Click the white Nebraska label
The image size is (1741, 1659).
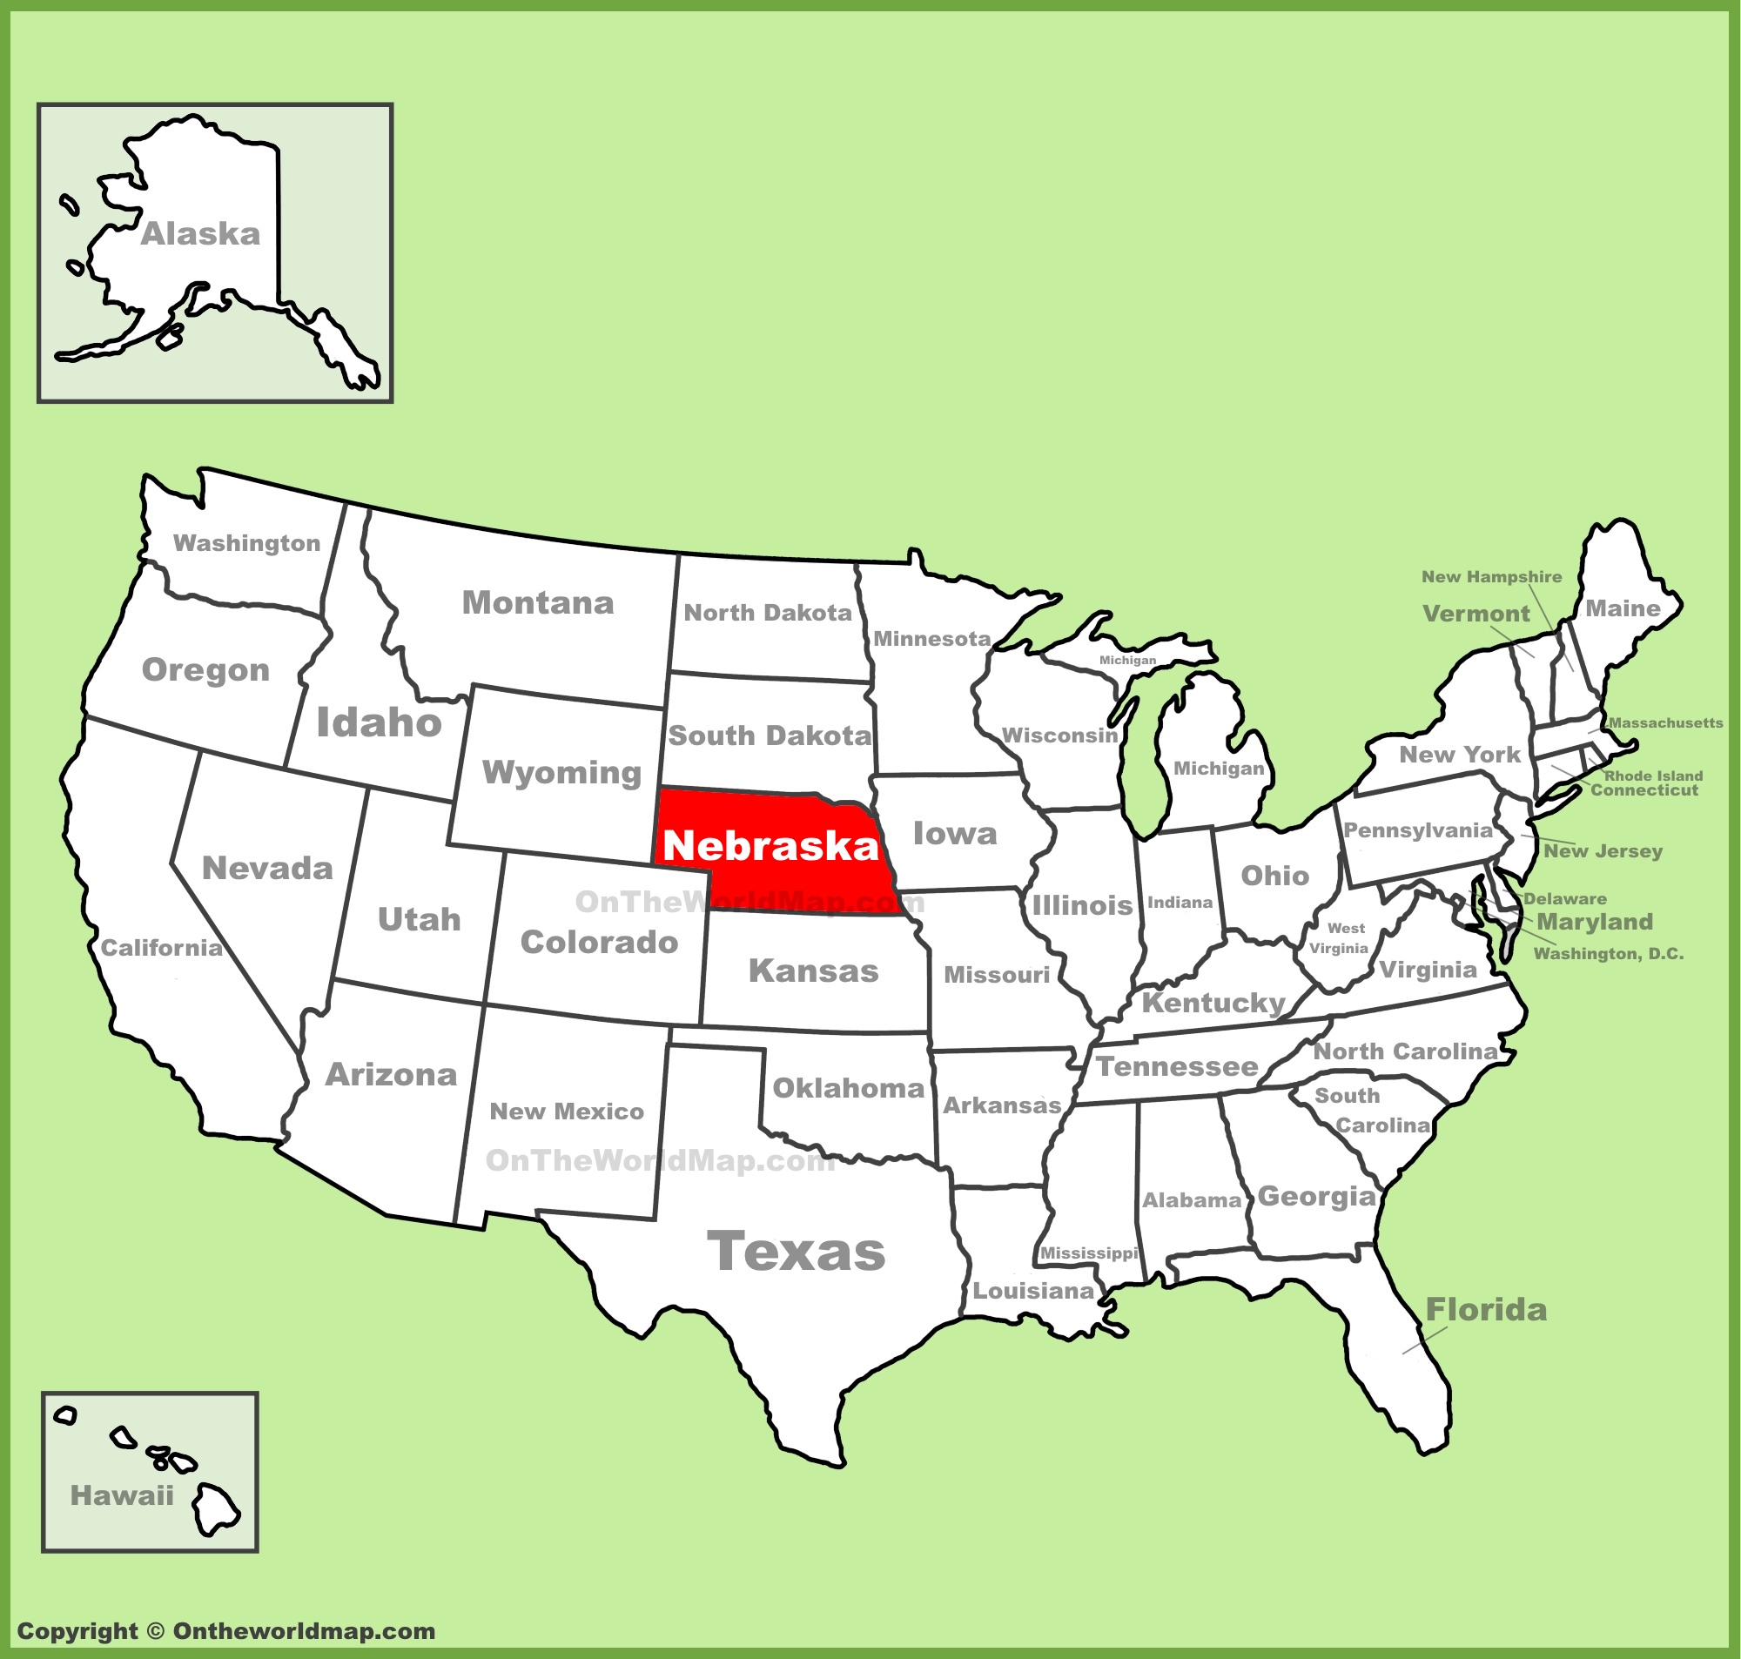(x=770, y=845)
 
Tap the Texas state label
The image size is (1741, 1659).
(x=796, y=1253)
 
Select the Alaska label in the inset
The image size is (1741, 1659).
(x=201, y=234)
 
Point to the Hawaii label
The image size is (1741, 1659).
(x=122, y=1495)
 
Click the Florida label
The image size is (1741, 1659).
(x=1486, y=1310)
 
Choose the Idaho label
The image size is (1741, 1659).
(x=380, y=722)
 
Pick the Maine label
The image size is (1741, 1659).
(x=1623, y=608)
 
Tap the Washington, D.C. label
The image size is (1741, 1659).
(x=1609, y=953)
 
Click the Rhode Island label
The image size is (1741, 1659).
(x=1653, y=776)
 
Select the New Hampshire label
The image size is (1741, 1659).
(x=1492, y=576)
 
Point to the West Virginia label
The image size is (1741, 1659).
(x=1341, y=938)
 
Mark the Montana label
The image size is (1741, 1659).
(x=538, y=603)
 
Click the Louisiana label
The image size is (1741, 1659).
(x=1033, y=1291)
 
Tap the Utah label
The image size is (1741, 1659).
(x=419, y=920)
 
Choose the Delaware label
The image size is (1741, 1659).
(x=1565, y=899)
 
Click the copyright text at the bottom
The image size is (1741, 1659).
(x=226, y=1632)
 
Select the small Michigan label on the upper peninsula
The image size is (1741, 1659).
(x=1127, y=661)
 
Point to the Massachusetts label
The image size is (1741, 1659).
(x=1666, y=722)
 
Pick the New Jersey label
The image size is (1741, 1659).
(x=1603, y=850)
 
